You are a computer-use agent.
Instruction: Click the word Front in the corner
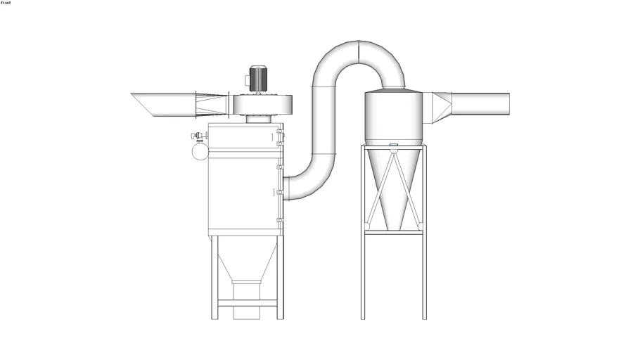tap(6, 3)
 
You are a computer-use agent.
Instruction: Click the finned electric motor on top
tap(257, 79)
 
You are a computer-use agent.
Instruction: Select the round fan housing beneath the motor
tap(262, 105)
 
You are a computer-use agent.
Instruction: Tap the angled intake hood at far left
tap(163, 105)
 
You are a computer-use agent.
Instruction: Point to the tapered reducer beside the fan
tap(212, 104)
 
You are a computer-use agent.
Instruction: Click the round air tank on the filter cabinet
tap(200, 151)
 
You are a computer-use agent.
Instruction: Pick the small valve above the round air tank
tap(199, 136)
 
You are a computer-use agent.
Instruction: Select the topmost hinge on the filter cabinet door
tap(280, 131)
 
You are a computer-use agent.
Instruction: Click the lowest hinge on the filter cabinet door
tap(280, 220)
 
